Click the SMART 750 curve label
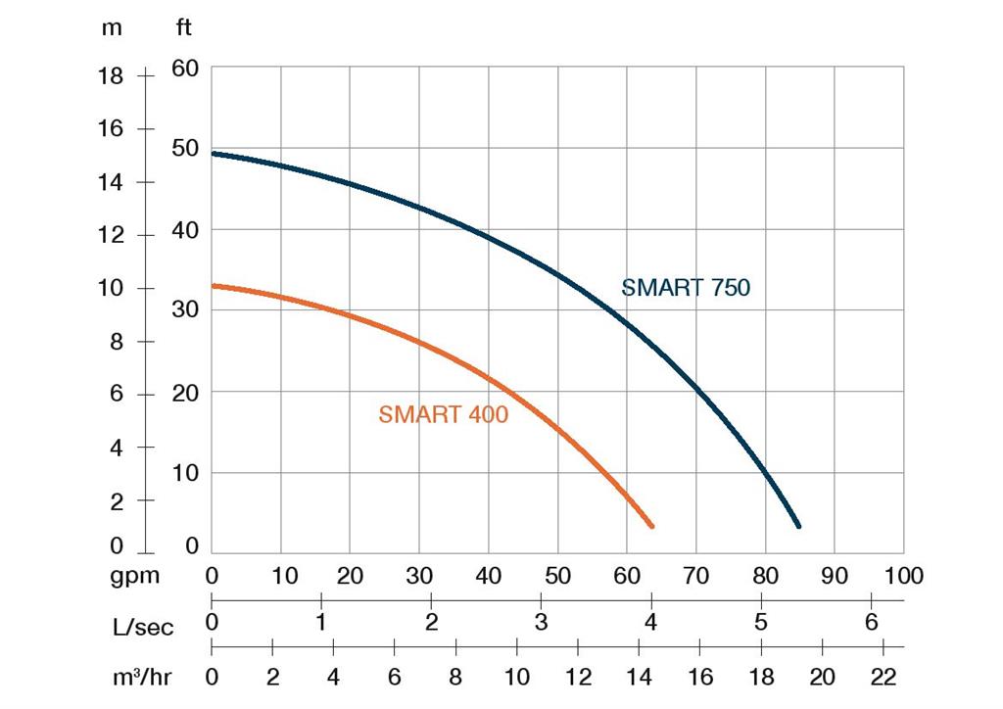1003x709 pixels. [x=686, y=288]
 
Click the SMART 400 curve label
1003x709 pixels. [x=444, y=414]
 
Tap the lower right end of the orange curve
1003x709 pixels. [x=650, y=525]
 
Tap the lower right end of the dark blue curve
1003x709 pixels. [x=798, y=526]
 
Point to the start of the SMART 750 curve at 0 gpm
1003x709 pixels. [x=214, y=154]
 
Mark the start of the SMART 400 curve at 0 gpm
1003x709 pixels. [x=214, y=286]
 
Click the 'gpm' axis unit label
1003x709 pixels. [x=134, y=576]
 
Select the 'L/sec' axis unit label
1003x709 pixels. [x=142, y=627]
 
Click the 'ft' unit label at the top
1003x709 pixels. [x=184, y=27]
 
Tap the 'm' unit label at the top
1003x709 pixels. [x=113, y=27]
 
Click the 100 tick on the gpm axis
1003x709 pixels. [x=903, y=576]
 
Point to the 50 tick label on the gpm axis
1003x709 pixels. [x=557, y=576]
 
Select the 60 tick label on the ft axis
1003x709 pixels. [x=185, y=69]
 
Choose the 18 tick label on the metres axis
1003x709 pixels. [x=111, y=76]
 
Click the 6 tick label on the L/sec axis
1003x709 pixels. [x=871, y=622]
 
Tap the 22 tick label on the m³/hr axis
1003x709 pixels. [x=883, y=677]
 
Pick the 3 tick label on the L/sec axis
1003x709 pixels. [x=541, y=622]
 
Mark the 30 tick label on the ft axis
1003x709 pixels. [x=185, y=309]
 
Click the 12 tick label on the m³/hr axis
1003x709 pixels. [x=578, y=677]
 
